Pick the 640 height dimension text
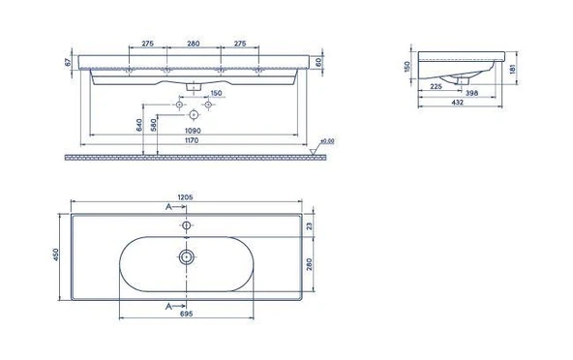[x=140, y=124]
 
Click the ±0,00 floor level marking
[x=327, y=141]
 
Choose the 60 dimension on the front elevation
[x=318, y=63]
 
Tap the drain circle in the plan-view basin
[x=185, y=257]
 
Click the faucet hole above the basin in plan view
[x=185, y=225]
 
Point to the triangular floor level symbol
[x=313, y=150]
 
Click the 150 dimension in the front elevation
[x=217, y=93]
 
